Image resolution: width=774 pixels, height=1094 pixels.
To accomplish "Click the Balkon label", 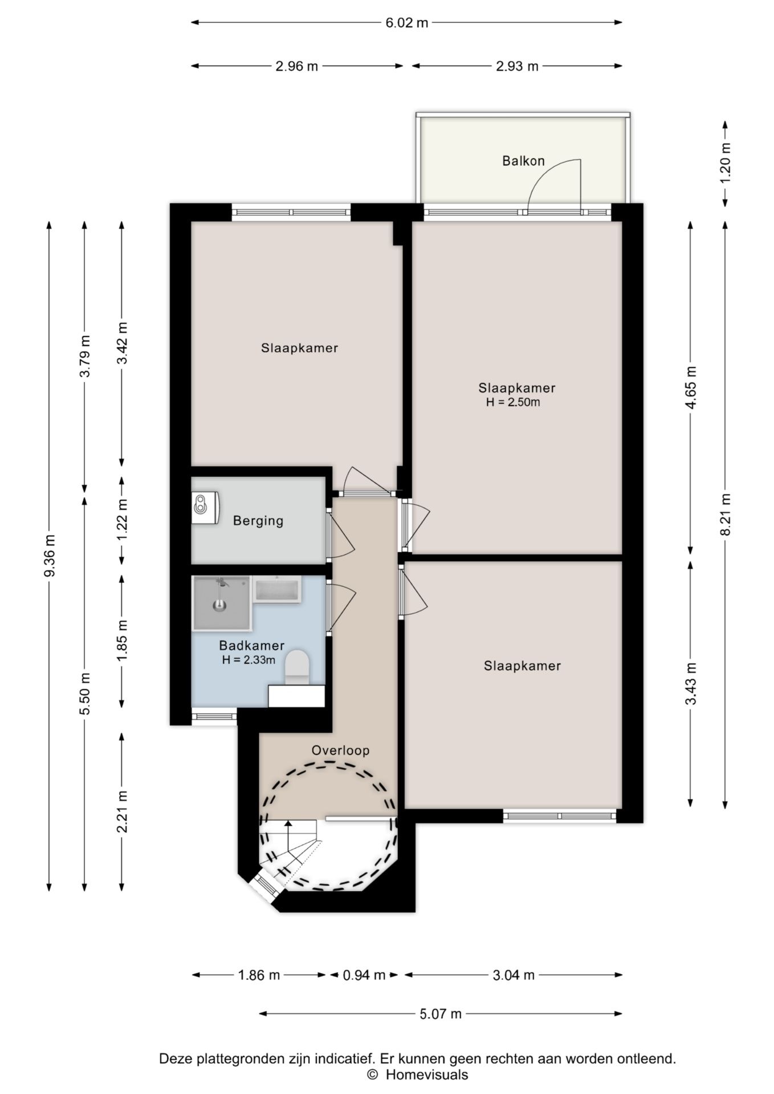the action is coord(523,161).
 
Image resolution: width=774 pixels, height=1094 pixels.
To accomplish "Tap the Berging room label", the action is coord(258,521).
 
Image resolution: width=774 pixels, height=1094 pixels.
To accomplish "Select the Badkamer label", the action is coord(252,646).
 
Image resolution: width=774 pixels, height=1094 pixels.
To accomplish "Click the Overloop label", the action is coord(340,751).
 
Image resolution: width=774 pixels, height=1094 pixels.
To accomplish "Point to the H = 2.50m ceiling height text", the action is coord(513,402).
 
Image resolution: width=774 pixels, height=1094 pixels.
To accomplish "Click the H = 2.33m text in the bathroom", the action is coord(249,660).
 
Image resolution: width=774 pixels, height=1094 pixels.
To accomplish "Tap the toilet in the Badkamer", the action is coord(296,668).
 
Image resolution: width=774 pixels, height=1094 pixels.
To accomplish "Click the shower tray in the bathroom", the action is coord(222,603).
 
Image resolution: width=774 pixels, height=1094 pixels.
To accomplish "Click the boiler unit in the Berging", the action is coord(205,507).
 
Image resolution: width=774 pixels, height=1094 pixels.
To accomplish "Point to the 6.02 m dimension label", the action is coord(406,23).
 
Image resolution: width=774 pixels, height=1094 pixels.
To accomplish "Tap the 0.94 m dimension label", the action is coord(364,975).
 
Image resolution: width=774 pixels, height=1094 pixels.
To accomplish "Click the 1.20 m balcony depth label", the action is coord(725,162).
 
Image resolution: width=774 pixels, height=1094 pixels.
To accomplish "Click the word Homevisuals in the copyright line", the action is coord(427,1075).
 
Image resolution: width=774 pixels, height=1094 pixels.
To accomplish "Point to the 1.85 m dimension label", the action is coord(121,641).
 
